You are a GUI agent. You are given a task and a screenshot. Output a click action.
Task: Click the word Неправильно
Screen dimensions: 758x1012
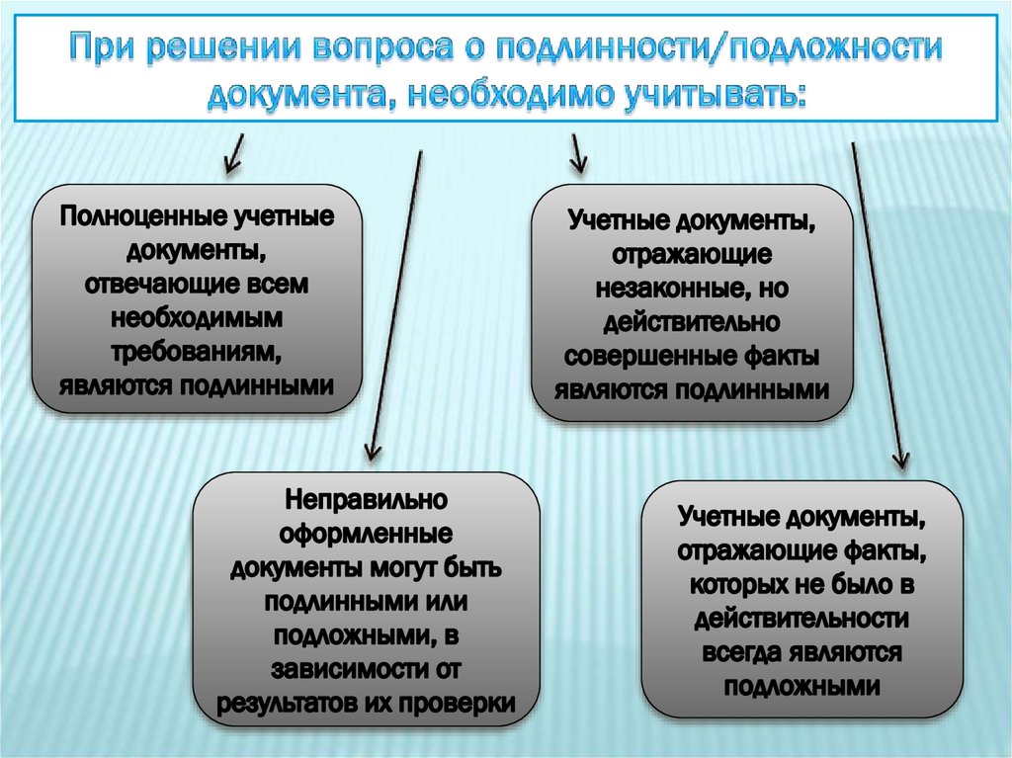tap(367, 501)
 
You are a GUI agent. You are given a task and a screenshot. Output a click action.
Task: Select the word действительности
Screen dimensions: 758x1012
tap(801, 619)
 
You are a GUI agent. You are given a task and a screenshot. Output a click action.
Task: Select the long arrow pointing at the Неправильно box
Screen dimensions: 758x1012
tap(394, 306)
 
